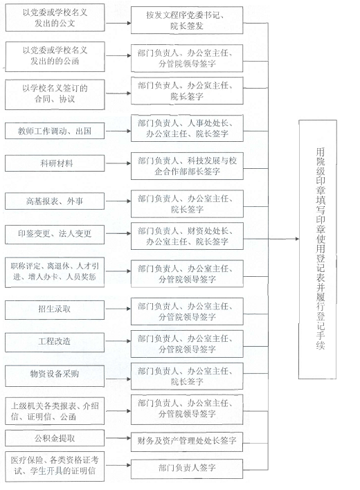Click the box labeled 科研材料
[x=55, y=163]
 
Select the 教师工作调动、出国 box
[x=55, y=131]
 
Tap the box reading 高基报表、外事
[x=55, y=201]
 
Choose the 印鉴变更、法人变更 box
[x=55, y=233]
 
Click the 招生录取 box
[x=55, y=309]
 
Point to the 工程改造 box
[x=55, y=342]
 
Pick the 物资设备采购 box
[x=55, y=376]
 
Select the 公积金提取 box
[x=55, y=438]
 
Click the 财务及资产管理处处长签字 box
[x=187, y=442]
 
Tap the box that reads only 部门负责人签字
[x=187, y=469]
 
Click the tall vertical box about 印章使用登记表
[x=318, y=249]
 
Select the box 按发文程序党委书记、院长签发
[x=187, y=20]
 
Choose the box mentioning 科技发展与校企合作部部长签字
[x=187, y=166]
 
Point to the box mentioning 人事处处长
[x=187, y=128]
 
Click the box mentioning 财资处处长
[x=187, y=236]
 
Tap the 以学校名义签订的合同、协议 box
[x=55, y=94]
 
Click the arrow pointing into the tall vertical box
[x=283, y=239]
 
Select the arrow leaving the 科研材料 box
[x=118, y=163]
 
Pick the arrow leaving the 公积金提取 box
[x=118, y=438]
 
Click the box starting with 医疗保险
[x=55, y=466]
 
